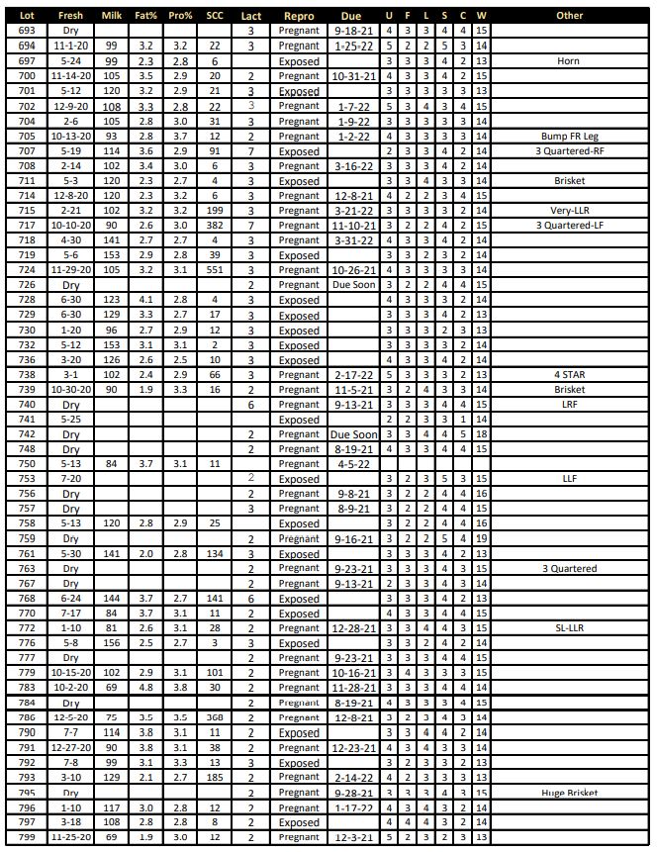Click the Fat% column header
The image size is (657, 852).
145,16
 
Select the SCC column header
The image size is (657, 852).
214,16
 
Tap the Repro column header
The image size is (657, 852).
299,16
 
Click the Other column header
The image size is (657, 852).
569,16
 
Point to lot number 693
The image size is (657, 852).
27,31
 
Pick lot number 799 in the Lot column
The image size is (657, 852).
27,837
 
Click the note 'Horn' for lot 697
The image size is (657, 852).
569,61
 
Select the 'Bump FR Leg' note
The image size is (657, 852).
569,136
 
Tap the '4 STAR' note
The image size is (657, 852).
569,375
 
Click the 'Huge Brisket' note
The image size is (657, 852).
569,793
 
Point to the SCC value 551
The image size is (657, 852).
214,270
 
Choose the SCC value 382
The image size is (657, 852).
214,226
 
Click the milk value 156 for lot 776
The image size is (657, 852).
112,643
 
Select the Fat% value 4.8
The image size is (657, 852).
145,688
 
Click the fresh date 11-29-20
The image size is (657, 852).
70,270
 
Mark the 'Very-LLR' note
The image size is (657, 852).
569,211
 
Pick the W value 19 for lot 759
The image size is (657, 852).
481,539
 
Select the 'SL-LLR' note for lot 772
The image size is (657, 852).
569,628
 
